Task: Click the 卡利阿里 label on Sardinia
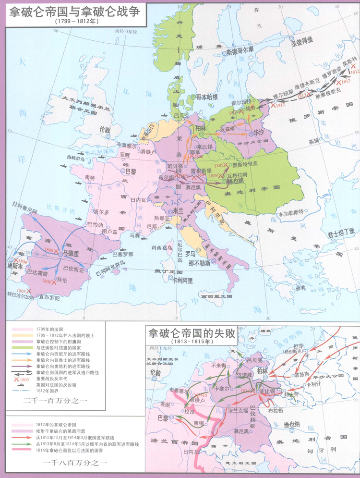(182, 281)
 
